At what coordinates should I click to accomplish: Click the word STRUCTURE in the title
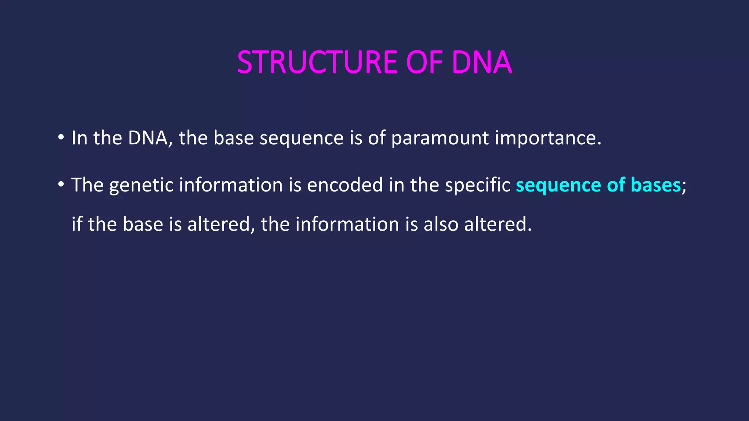(317, 62)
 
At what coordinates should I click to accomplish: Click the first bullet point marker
(61, 138)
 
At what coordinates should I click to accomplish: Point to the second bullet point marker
(61, 185)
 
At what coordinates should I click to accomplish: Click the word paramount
(440, 139)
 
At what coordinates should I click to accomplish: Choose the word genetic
(141, 185)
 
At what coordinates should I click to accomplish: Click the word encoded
(345, 185)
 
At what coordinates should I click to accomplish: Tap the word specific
(477, 185)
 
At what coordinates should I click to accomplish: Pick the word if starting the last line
(76, 224)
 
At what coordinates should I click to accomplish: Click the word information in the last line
(347, 224)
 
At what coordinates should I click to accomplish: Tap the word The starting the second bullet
(87, 185)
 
